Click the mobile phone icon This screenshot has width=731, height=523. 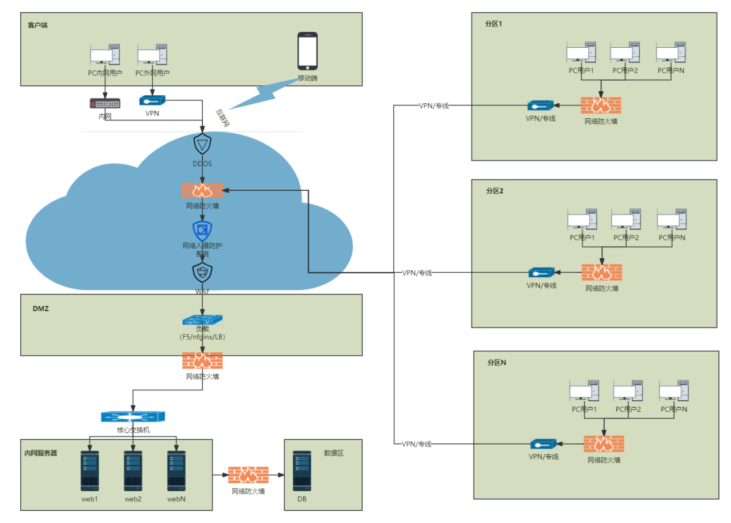(307, 51)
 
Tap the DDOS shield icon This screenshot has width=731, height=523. (202, 144)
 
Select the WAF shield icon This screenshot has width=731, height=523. (202, 273)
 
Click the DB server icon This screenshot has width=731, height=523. (302, 470)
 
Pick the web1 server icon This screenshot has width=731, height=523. (90, 470)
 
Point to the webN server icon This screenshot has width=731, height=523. (176, 470)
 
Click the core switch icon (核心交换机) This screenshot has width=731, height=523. (133, 417)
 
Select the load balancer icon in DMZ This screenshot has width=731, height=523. (202, 319)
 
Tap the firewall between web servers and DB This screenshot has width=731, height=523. (248, 475)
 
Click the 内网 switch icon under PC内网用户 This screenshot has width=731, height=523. (105, 103)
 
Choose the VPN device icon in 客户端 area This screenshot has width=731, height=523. (152, 100)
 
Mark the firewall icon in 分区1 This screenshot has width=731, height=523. (601, 106)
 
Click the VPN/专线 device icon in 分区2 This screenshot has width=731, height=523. (542, 272)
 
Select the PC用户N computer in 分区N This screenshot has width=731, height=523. (674, 391)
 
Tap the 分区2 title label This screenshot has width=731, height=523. (495, 191)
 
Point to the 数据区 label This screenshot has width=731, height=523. (333, 453)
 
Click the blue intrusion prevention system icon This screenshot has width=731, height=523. (202, 231)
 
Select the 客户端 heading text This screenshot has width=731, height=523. (37, 25)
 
